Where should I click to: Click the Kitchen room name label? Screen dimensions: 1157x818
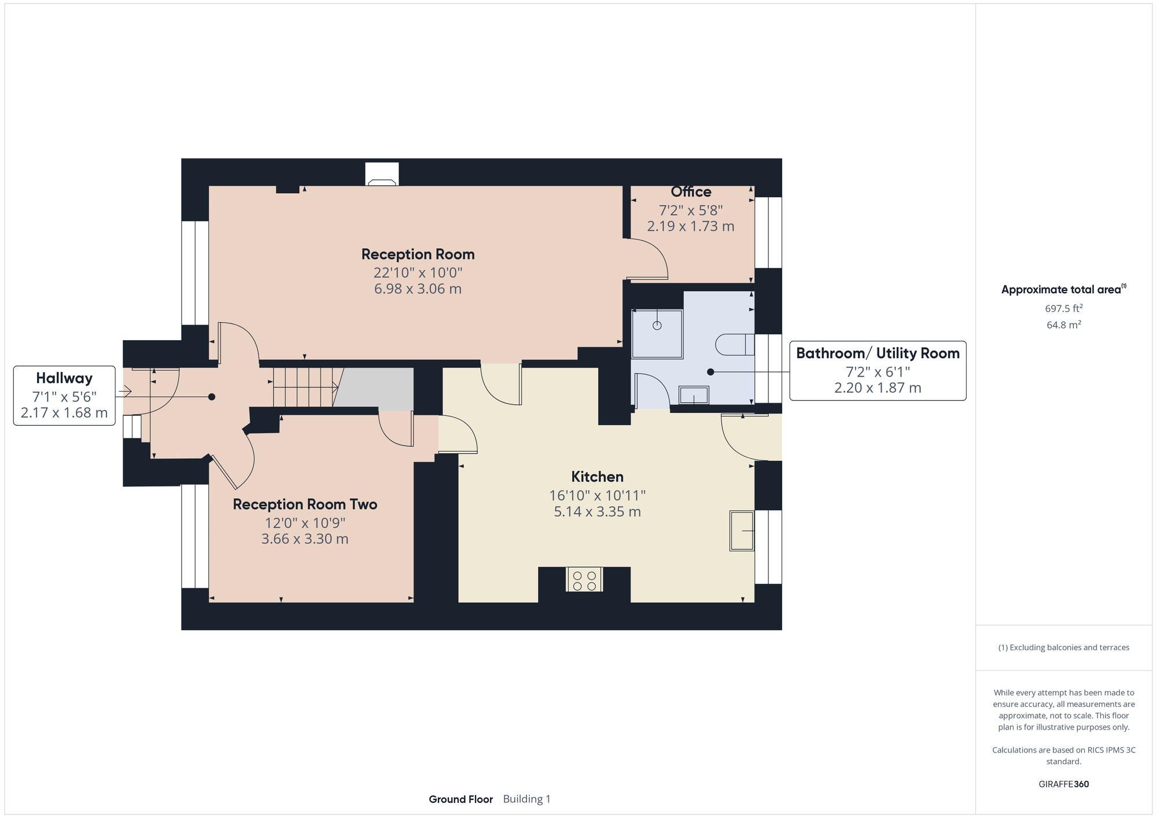(598, 477)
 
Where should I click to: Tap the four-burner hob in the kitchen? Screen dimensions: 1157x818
(584, 580)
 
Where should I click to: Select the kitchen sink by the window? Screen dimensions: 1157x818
(742, 530)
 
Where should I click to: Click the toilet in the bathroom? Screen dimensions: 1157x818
(735, 345)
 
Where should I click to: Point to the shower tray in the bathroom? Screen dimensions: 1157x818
(657, 334)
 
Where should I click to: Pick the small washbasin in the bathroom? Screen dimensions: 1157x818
(694, 396)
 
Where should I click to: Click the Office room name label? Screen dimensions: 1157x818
(691, 191)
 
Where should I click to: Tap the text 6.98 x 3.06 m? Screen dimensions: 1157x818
(418, 289)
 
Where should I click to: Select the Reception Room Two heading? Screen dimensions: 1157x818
(305, 504)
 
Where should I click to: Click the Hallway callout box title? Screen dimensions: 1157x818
(64, 378)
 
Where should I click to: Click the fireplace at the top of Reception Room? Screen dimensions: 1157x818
(382, 174)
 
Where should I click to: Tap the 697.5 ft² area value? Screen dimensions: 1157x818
(1064, 308)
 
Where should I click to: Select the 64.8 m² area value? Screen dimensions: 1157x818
(1064, 325)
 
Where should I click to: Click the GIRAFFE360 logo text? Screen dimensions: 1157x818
(1064, 784)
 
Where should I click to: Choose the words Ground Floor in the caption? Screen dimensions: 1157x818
(460, 799)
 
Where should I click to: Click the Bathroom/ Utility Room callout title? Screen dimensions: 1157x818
(878, 353)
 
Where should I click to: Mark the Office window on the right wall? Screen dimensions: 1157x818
(768, 233)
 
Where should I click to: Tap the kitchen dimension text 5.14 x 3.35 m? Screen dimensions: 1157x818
(598, 511)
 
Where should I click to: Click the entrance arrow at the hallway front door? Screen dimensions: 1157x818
(124, 392)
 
